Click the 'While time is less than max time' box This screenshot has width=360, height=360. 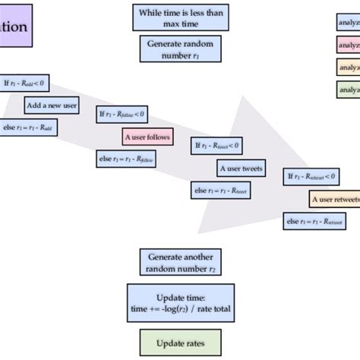click(x=180, y=17)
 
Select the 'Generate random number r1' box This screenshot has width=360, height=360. click(x=180, y=49)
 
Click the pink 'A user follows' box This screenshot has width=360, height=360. click(x=148, y=137)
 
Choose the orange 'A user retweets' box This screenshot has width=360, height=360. click(x=335, y=200)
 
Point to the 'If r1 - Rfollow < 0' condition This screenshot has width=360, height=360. click(x=122, y=115)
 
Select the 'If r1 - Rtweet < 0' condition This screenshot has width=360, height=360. click(x=217, y=146)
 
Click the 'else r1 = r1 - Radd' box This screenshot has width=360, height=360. click(x=28, y=128)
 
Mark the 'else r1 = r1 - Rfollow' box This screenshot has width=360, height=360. click(x=122, y=159)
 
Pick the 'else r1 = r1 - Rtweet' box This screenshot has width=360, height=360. click(x=220, y=191)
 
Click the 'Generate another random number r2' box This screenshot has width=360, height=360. click(x=180, y=262)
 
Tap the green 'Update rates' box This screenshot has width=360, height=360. click(x=180, y=343)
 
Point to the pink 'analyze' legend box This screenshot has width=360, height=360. click(x=349, y=45)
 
